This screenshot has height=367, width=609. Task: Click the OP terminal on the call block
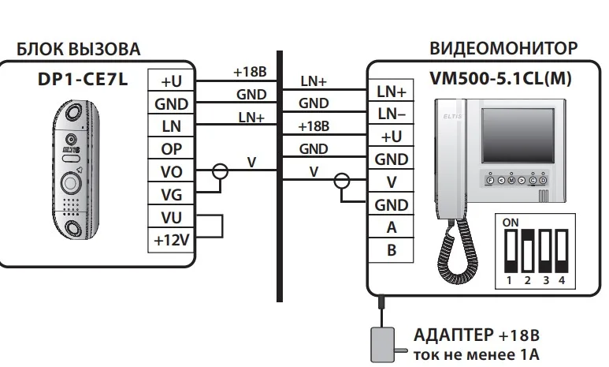click(171, 148)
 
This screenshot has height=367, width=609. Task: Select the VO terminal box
click(171, 170)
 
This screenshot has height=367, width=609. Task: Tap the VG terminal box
click(171, 193)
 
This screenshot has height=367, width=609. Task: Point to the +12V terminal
click(171, 239)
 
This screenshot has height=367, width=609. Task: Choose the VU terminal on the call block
click(171, 216)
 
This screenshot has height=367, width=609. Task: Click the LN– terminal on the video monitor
click(391, 114)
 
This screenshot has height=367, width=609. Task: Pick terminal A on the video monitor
click(391, 228)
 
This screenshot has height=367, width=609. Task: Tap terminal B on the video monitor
click(391, 251)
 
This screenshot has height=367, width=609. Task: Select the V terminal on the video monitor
click(391, 182)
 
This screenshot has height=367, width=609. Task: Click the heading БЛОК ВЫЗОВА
click(79, 50)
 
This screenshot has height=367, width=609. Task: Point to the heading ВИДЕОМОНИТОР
click(503, 49)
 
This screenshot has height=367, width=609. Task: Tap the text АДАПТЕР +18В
click(477, 335)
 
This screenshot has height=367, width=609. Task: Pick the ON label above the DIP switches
click(511, 223)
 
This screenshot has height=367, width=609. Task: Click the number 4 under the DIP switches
click(561, 279)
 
